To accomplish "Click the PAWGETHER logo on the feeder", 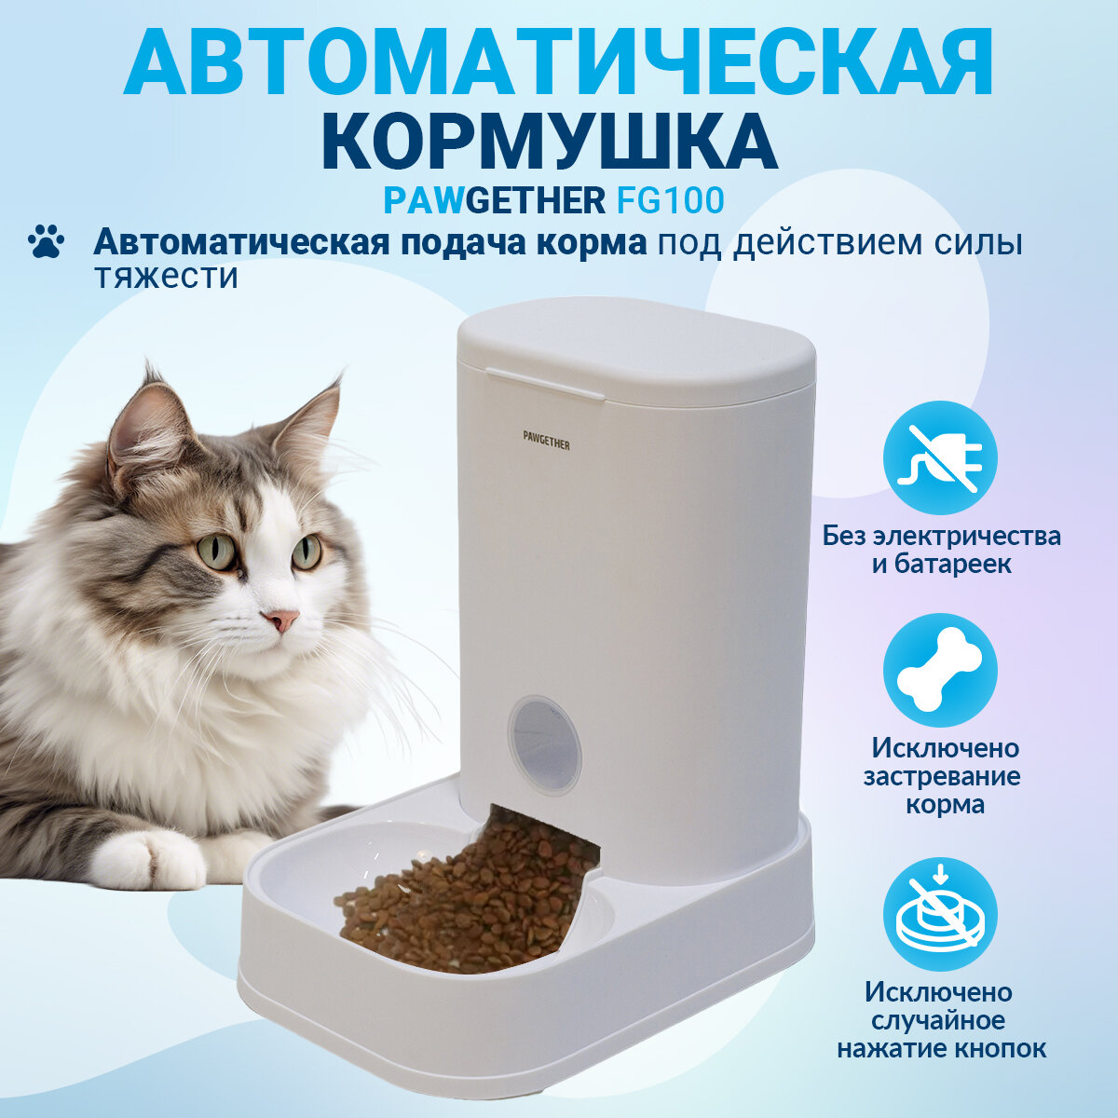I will (x=546, y=444).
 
